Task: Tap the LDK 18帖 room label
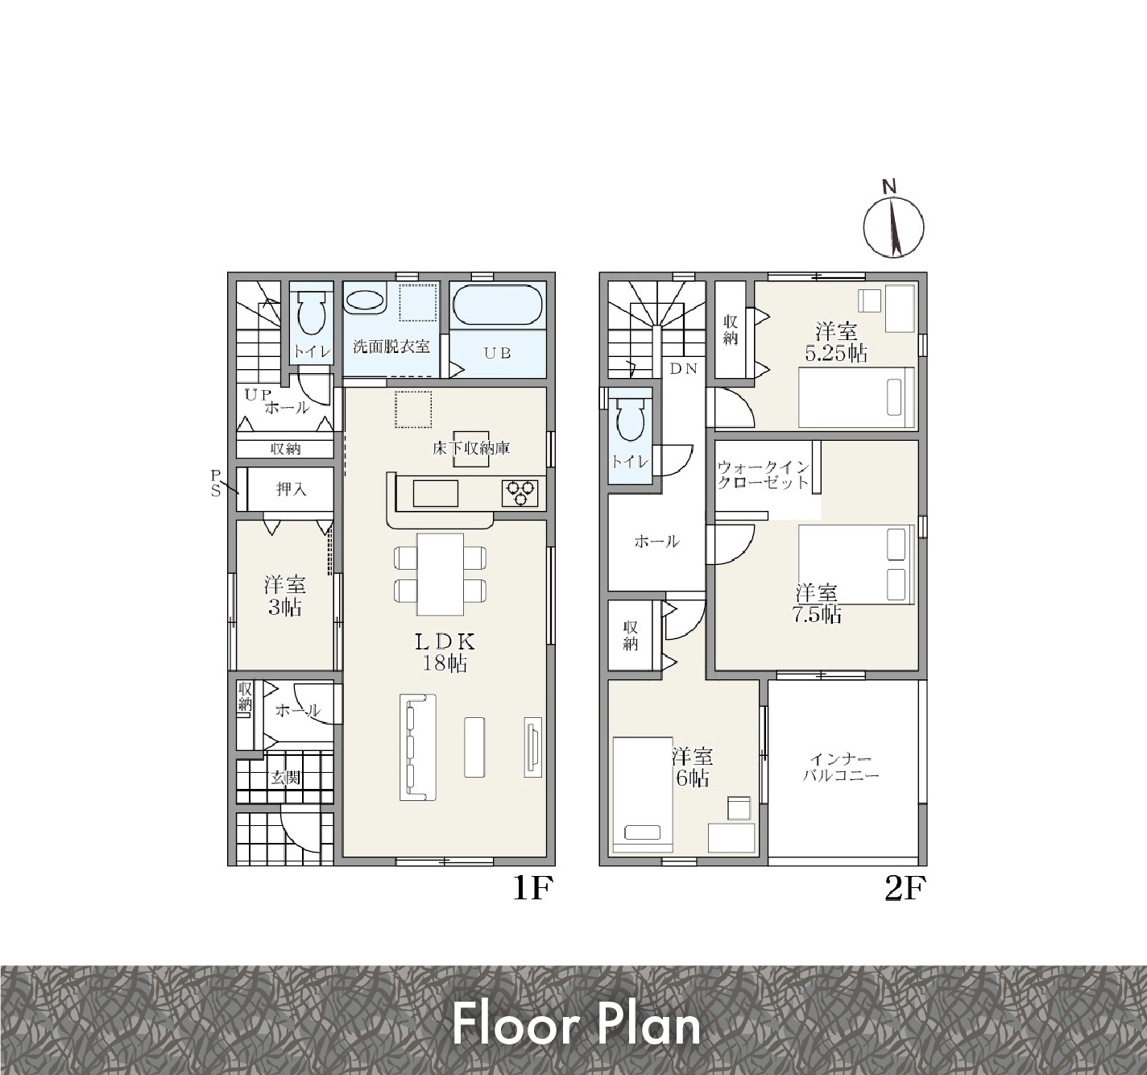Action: tap(444, 652)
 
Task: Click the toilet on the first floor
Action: tap(312, 312)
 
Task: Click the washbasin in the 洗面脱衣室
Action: tap(365, 301)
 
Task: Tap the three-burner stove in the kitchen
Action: tap(520, 493)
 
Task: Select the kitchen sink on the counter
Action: tap(436, 493)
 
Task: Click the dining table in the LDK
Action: tap(440, 575)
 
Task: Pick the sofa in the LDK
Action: tap(417, 747)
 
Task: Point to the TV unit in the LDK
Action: tap(533, 747)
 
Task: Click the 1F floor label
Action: tap(533, 888)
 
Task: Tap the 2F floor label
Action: tap(905, 888)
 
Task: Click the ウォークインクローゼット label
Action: tap(763, 475)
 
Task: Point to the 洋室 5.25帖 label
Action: tap(836, 342)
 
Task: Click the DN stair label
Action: tap(684, 369)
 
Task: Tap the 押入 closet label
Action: tap(291, 489)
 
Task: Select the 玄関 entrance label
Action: tap(285, 778)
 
